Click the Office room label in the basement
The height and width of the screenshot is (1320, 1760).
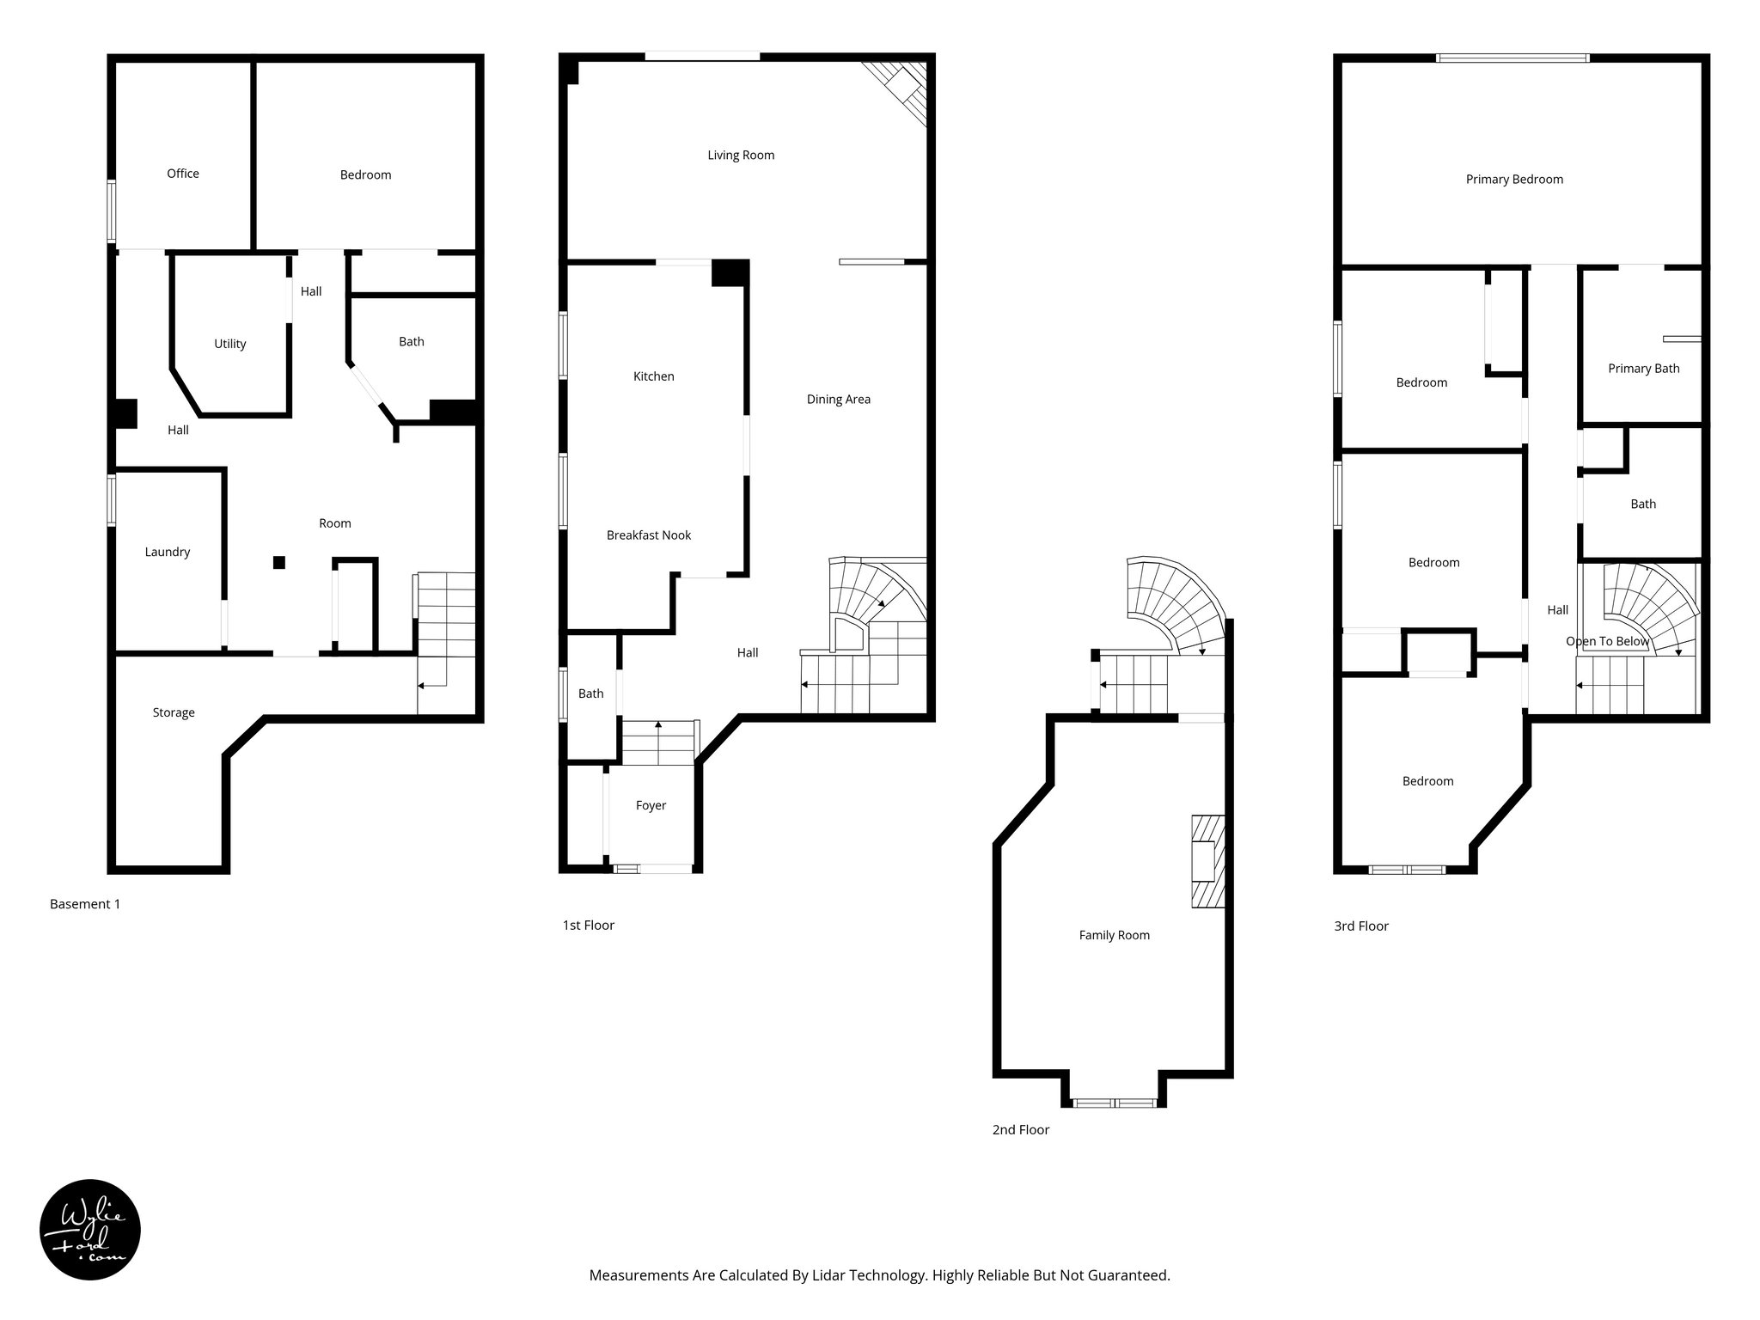(182, 174)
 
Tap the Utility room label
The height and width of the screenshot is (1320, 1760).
(229, 344)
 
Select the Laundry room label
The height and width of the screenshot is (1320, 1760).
(167, 552)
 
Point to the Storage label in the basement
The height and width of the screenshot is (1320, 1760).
(174, 712)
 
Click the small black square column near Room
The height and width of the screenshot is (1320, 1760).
(278, 562)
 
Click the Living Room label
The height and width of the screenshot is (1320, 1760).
(741, 156)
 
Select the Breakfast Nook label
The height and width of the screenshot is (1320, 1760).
(648, 535)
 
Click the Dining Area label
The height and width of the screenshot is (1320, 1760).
(838, 399)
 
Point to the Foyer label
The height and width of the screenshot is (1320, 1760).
(651, 805)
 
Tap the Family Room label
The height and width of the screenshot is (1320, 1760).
(1114, 935)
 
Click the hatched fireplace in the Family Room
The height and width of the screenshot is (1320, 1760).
(1207, 861)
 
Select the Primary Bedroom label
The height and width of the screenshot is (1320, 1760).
(1514, 180)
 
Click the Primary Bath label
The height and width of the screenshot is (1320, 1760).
(1643, 369)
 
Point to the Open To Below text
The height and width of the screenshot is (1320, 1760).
(1607, 641)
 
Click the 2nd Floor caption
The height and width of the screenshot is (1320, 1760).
(1020, 1130)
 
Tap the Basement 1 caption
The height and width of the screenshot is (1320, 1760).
(85, 904)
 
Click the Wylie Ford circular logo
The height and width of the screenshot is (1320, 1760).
(90, 1229)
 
